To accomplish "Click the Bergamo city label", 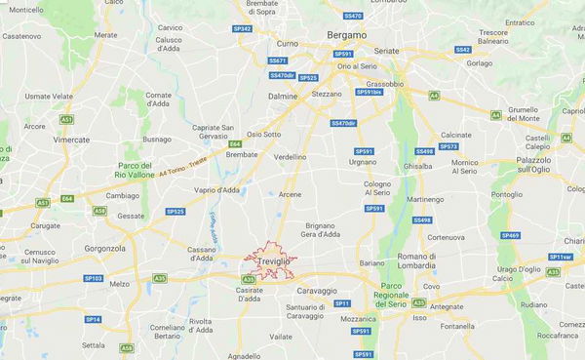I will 346,34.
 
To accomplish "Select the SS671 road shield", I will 278,60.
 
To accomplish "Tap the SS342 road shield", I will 243,29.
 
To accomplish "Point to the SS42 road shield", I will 462,50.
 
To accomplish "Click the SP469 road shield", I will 510,235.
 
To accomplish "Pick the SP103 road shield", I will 93,278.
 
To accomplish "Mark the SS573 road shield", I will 448,146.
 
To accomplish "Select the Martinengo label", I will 425,199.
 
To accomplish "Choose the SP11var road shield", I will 560,257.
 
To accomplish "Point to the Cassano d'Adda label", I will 201,252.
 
